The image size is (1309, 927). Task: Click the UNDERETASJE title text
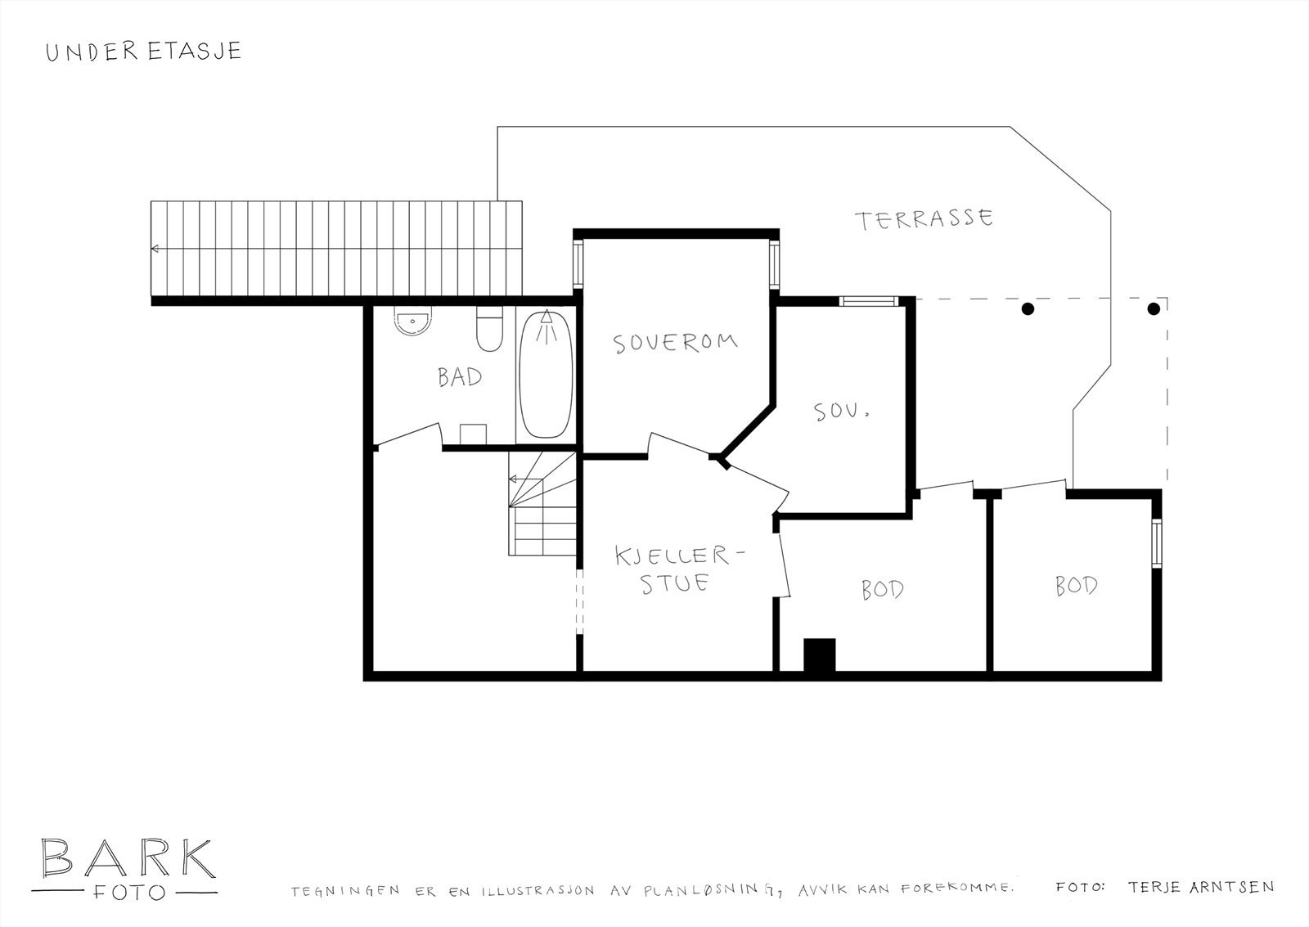[144, 52]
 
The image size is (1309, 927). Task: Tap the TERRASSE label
[924, 218]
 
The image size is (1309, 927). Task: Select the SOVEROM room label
[675, 343]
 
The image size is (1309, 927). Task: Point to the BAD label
[460, 377]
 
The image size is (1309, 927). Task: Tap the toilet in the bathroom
[490, 328]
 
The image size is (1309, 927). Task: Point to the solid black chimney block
[819, 655]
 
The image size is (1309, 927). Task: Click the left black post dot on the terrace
[1028, 308]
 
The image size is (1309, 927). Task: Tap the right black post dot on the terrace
[1154, 308]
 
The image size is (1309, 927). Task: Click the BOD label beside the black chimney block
[883, 589]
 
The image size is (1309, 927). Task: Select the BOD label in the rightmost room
[1077, 586]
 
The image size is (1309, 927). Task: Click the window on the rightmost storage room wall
[1157, 543]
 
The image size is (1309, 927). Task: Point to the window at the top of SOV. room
[869, 302]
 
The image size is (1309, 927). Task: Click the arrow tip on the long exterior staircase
[152, 249]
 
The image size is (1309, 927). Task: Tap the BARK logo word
[128, 858]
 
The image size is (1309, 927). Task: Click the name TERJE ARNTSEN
[1201, 887]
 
